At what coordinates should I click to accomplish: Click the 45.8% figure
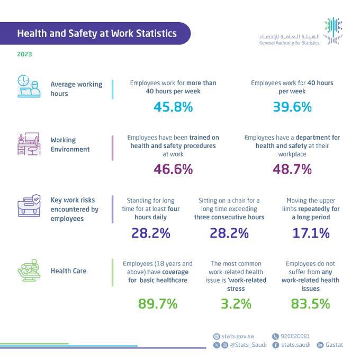tap(173, 107)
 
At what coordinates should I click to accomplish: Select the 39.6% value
tap(292, 107)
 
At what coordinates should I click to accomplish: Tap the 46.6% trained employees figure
tap(173, 169)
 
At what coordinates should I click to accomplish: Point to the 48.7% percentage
tap(292, 169)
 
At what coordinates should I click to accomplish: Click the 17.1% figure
tap(311, 233)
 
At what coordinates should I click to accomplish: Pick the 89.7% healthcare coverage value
tap(157, 304)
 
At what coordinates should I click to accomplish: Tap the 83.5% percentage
tap(310, 304)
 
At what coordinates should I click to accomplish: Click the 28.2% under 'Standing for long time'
tap(150, 233)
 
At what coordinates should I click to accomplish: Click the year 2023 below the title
tap(24, 53)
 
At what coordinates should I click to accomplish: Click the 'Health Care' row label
tap(68, 271)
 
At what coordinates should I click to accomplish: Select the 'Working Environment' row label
tap(70, 145)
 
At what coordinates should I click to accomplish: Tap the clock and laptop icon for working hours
tap(29, 87)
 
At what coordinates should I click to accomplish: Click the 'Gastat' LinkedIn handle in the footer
tap(335, 345)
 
